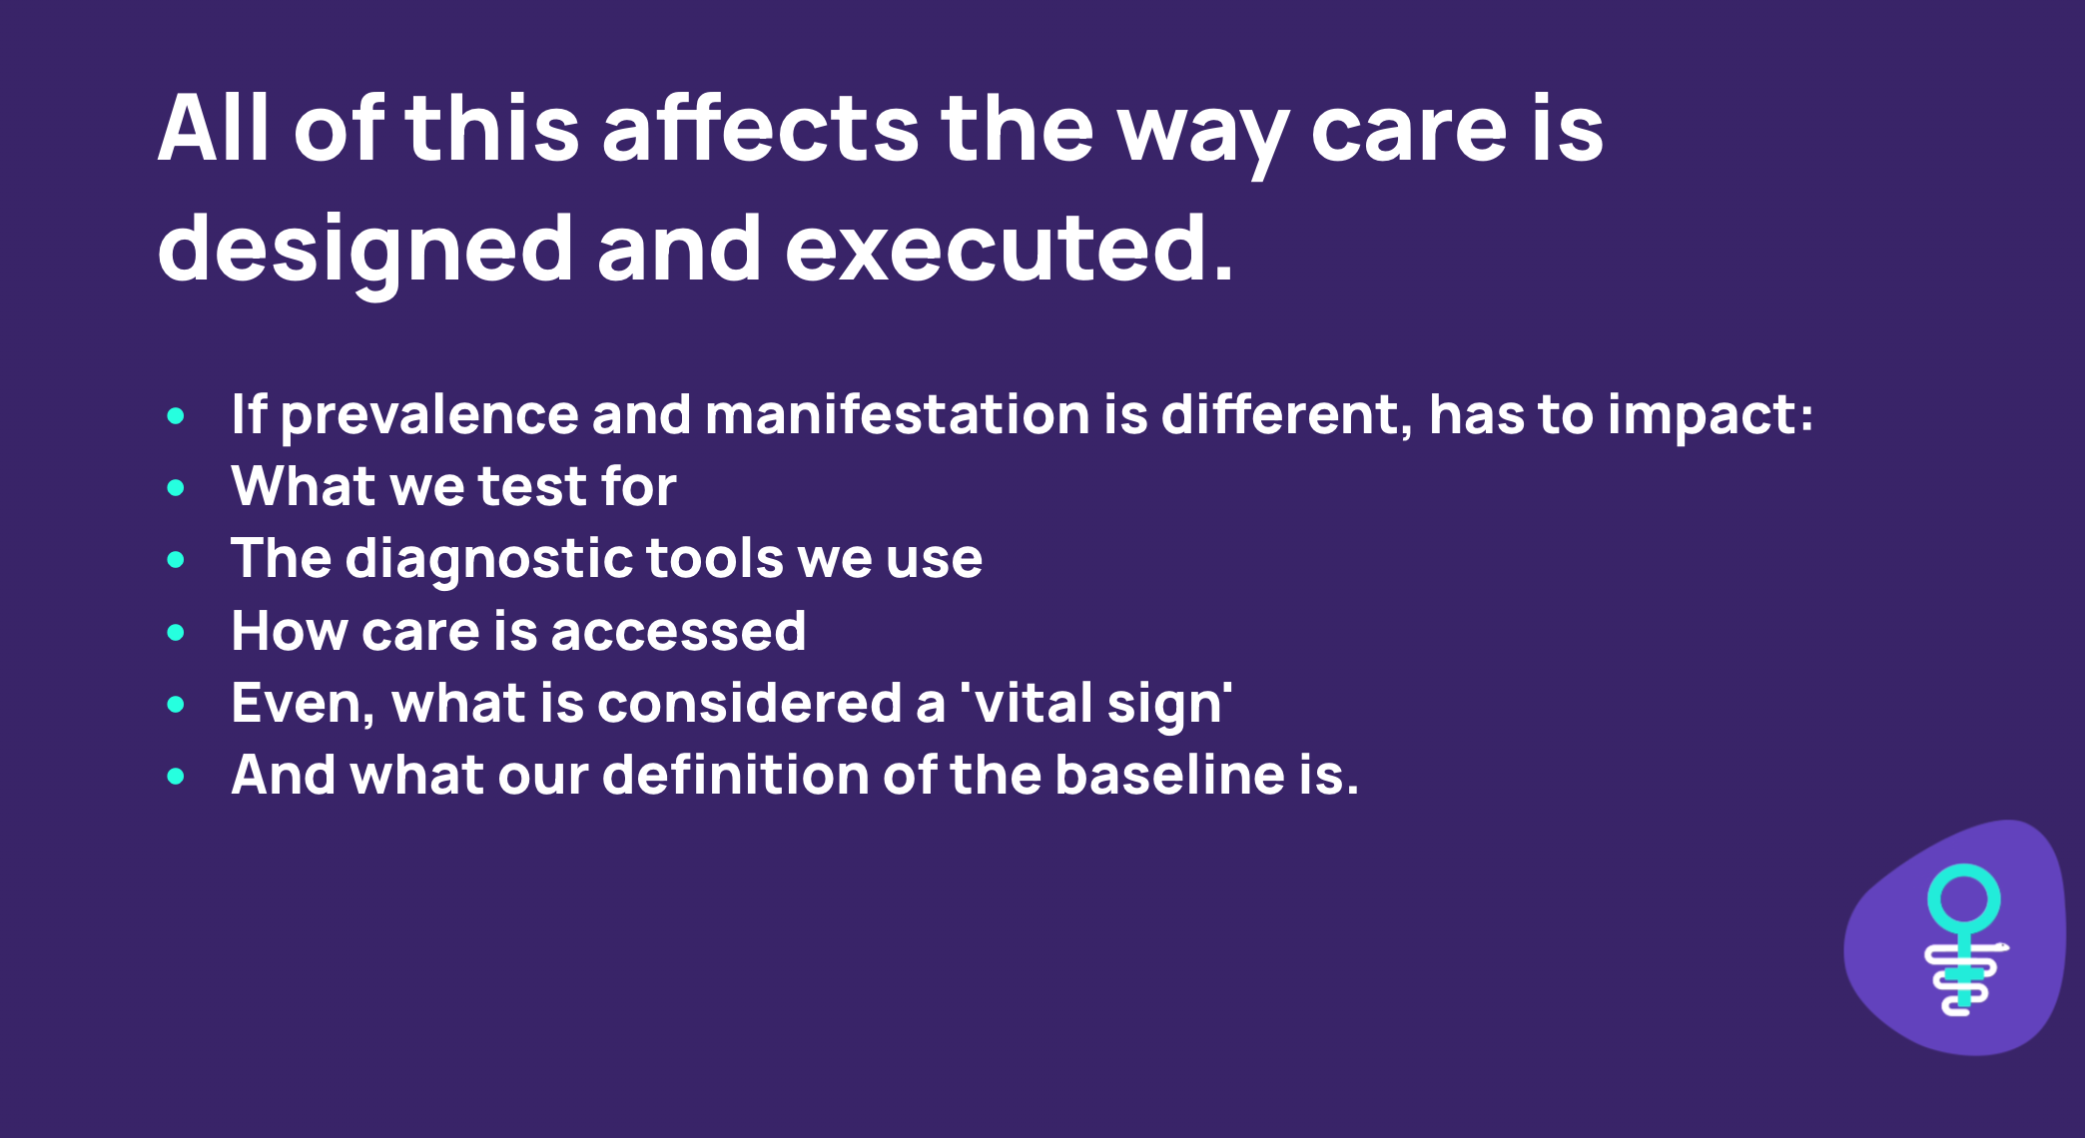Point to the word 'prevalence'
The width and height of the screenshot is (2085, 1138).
(429, 416)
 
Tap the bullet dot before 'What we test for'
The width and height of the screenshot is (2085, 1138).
(177, 488)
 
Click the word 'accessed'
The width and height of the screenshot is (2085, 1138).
(678, 632)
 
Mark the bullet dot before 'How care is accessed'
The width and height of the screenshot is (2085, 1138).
(177, 632)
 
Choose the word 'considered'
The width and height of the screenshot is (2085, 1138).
(750, 703)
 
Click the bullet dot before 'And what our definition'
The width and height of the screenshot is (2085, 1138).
(177, 776)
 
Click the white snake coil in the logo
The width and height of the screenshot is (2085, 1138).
(1963, 978)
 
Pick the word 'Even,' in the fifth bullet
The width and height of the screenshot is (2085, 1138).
(303, 705)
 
